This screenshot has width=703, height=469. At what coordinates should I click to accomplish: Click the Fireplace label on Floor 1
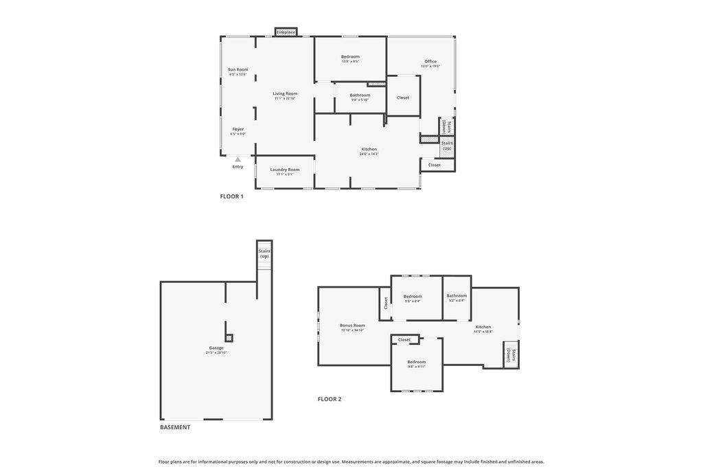286,32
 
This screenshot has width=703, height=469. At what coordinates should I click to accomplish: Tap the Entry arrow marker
238,159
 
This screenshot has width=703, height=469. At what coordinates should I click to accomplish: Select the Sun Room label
238,69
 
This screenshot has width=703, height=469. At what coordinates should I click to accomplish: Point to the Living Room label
285,93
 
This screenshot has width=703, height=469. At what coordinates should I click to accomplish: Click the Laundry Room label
284,170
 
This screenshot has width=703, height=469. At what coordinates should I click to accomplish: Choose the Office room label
430,61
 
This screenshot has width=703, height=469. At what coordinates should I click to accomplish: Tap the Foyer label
238,129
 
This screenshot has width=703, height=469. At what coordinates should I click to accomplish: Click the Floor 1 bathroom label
360,95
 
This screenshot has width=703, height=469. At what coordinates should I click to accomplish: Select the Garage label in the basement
216,348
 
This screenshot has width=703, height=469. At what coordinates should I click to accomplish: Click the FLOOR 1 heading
231,196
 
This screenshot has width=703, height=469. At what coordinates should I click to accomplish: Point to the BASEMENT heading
175,427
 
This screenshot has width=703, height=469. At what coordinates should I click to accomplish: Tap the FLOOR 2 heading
329,399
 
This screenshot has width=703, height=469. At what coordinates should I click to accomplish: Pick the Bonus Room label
352,325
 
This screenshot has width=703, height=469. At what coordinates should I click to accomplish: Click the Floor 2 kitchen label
483,327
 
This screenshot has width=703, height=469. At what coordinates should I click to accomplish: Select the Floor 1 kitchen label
369,149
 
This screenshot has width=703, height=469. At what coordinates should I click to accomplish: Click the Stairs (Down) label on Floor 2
511,355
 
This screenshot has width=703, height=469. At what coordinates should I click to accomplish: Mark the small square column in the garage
229,338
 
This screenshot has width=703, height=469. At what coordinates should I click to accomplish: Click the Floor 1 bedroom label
350,56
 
